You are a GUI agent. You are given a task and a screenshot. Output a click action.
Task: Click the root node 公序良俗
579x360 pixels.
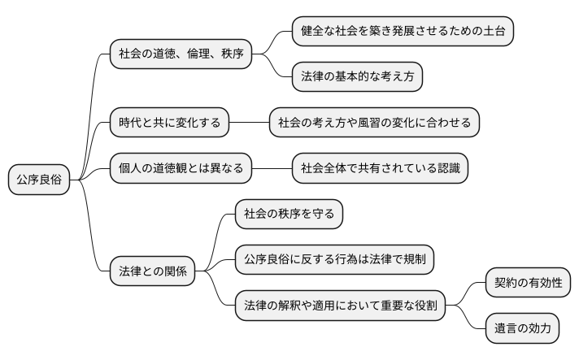point(39,180)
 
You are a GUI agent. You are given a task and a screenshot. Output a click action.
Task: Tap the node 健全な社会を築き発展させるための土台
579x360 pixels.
point(403,31)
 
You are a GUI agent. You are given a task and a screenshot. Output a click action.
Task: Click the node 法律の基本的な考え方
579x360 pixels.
point(358,77)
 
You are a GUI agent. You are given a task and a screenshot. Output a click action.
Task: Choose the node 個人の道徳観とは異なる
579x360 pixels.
point(180,169)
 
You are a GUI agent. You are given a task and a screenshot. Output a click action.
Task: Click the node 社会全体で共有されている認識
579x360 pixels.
point(381,169)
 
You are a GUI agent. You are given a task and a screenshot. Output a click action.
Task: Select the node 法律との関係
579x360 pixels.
point(153,271)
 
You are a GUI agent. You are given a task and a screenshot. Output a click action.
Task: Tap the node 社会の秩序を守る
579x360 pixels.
point(289,215)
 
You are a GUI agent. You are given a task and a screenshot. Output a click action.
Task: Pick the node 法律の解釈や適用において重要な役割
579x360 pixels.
point(340,306)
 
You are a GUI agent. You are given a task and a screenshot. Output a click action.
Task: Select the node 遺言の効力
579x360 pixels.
point(522,329)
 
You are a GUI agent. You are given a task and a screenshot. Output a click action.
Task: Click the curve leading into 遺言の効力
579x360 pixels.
point(468,319)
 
